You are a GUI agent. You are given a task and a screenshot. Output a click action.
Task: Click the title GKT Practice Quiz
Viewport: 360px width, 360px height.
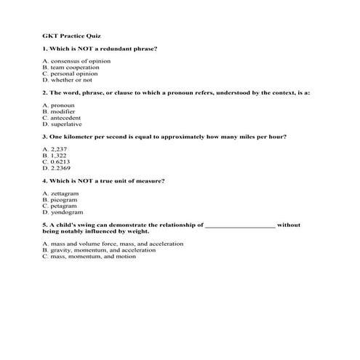[71, 35]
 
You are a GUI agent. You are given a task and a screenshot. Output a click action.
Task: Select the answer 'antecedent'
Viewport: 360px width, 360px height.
[66, 118]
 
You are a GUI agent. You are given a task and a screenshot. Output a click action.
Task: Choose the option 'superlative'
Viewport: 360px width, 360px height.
[66, 124]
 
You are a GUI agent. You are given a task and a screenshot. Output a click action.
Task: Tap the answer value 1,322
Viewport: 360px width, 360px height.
[59, 156]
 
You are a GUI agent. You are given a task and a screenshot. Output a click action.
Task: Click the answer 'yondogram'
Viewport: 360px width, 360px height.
[66, 212]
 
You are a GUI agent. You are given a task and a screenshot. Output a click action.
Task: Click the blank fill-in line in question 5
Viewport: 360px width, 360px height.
[240, 226]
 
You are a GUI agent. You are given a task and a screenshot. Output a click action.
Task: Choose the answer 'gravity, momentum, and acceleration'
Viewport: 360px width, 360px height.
[99, 250]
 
